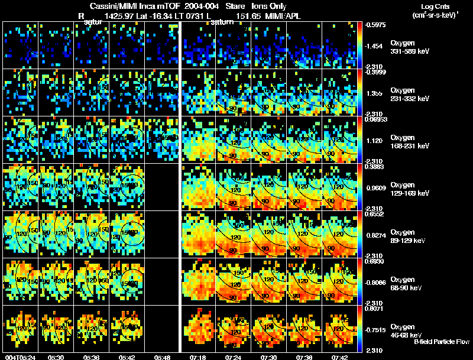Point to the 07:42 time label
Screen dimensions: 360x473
339,357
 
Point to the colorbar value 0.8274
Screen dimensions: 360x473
376,235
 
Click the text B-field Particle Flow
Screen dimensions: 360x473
442,342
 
